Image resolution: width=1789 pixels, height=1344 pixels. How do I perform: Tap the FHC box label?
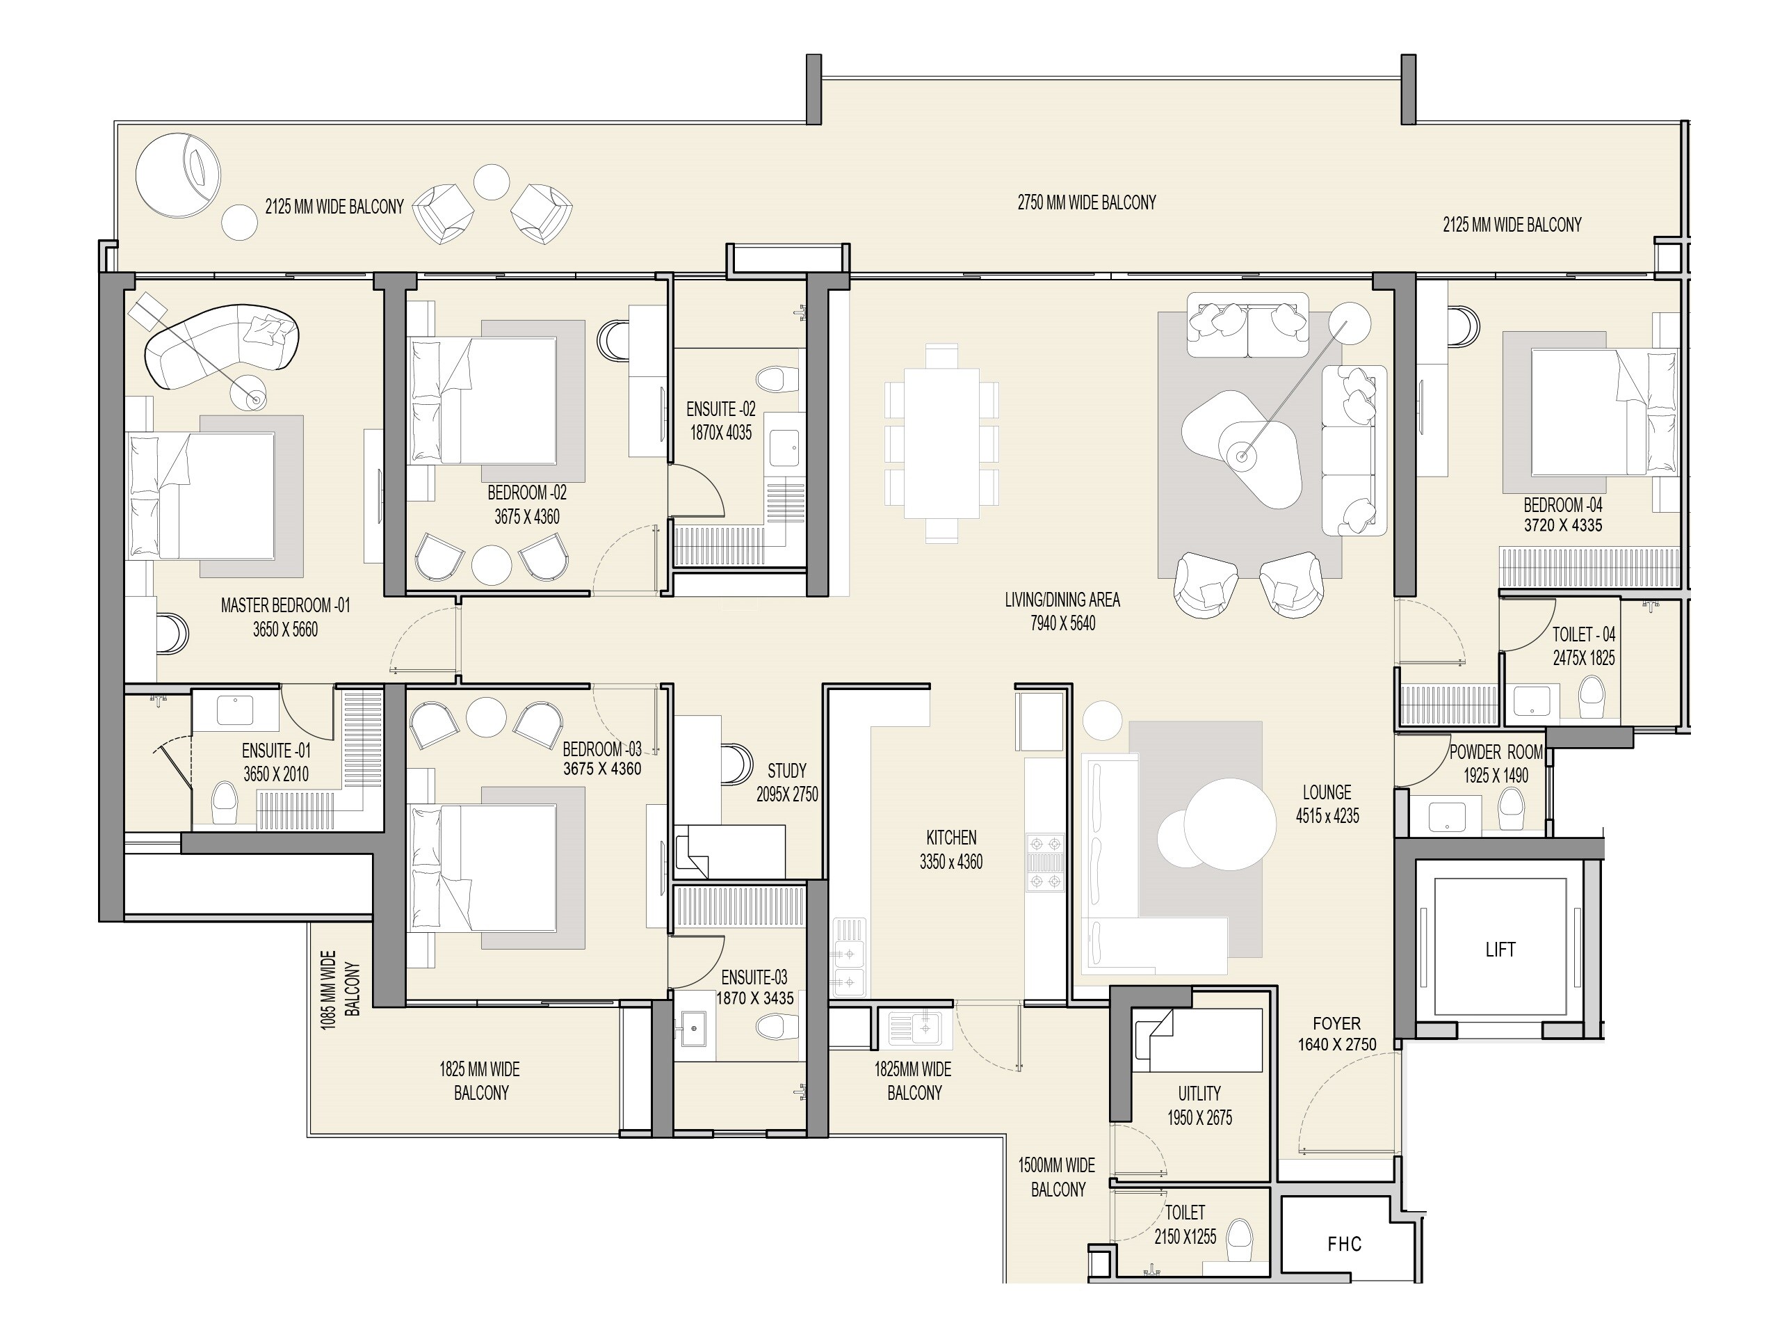tap(1344, 1244)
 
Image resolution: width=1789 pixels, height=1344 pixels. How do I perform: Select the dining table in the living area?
tap(941, 443)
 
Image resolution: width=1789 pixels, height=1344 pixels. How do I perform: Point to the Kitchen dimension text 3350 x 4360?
tap(950, 863)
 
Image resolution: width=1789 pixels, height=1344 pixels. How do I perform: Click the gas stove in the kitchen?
tap(1045, 863)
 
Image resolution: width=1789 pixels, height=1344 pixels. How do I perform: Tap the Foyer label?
tap(1336, 1023)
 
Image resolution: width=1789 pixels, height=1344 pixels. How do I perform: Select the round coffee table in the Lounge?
tap(1229, 824)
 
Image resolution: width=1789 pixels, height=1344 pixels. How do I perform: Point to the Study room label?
tap(786, 770)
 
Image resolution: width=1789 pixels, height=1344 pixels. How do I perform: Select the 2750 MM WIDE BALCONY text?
tap(1086, 202)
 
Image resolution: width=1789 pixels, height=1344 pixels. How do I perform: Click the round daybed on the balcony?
tap(178, 175)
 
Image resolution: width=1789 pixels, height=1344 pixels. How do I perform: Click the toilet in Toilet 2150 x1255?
tap(1239, 1239)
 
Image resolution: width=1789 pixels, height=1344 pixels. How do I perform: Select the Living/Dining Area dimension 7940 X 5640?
tap(1062, 623)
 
